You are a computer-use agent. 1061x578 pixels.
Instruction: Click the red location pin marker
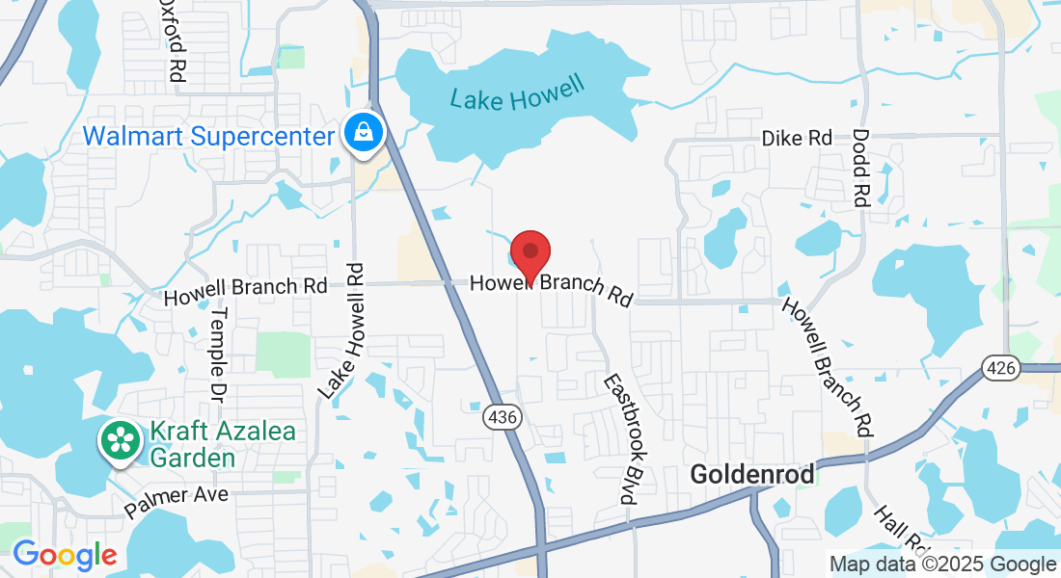(x=530, y=254)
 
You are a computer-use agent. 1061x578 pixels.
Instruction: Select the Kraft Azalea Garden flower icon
(x=121, y=442)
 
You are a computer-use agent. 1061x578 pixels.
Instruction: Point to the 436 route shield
(x=500, y=416)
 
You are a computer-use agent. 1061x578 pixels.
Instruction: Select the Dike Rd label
(x=797, y=138)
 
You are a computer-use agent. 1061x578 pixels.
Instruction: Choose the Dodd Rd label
(x=861, y=168)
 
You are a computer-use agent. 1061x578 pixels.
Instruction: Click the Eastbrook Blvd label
(x=621, y=438)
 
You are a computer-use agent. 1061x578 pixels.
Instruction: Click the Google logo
(x=64, y=555)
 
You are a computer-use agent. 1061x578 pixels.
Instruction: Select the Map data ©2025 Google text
(x=943, y=565)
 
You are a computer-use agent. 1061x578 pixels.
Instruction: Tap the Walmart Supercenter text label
(x=207, y=135)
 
